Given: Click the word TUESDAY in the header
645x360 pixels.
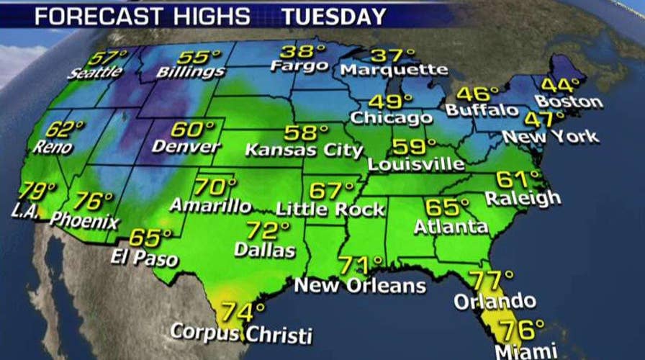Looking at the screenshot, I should [x=333, y=15].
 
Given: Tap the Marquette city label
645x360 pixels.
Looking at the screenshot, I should [x=394, y=70].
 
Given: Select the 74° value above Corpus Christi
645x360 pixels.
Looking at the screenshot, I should [x=243, y=312].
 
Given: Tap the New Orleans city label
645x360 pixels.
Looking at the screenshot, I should [x=360, y=285].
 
